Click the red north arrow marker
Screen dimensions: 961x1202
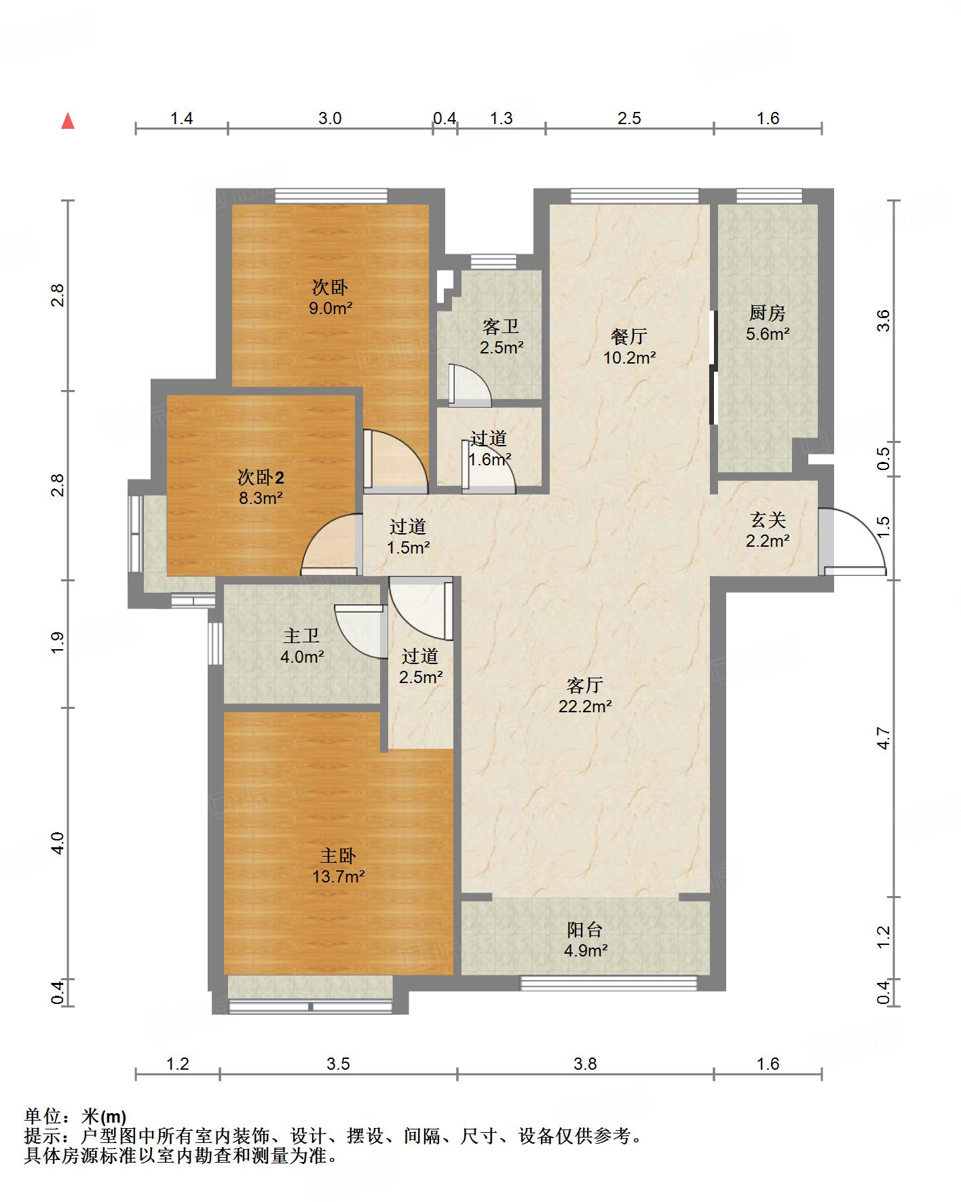(68, 121)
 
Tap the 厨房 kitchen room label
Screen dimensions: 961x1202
(768, 313)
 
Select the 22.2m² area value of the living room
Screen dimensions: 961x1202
(585, 706)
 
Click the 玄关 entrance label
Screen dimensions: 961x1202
(768, 520)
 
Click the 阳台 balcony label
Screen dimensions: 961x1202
(585, 930)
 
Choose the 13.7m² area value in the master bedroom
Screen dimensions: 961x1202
(339, 876)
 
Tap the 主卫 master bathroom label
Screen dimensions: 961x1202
(301, 636)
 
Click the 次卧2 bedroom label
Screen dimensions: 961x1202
(261, 478)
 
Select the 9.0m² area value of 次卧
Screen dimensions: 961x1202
(331, 308)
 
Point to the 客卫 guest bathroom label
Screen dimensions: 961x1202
(501, 327)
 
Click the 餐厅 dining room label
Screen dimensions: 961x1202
(629, 336)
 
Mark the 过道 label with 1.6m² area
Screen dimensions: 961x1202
(489, 439)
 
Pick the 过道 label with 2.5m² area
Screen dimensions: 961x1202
(420, 656)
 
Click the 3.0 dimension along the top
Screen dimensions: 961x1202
(330, 118)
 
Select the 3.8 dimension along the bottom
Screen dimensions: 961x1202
(585, 1064)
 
